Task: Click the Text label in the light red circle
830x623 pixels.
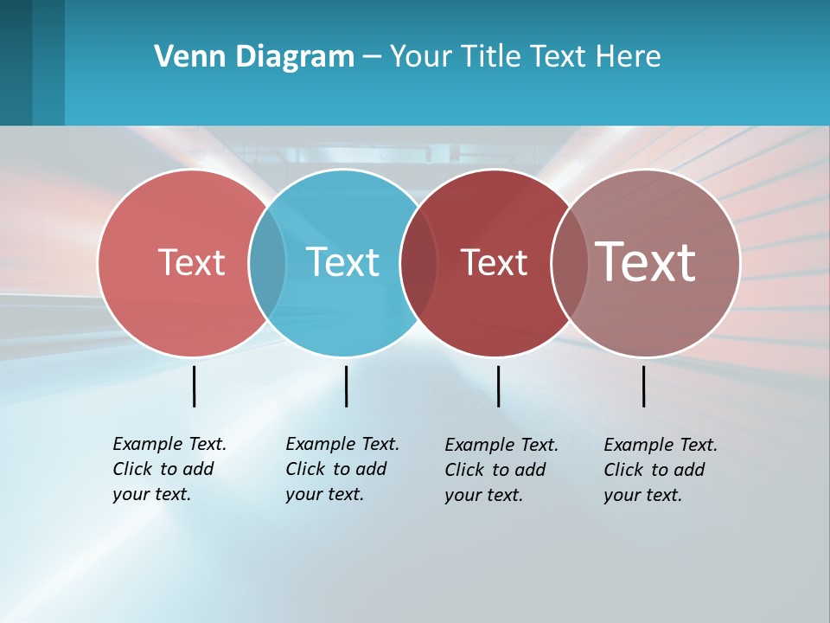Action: [191, 262]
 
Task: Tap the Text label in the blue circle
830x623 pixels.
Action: [342, 262]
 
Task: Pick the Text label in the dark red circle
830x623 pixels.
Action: [494, 262]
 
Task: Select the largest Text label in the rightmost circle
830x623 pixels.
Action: [645, 261]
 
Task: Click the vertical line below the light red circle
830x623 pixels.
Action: [194, 386]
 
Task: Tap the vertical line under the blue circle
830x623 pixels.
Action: [346, 386]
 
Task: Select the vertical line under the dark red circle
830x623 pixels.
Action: [498, 386]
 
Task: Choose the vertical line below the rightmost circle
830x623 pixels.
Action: [643, 386]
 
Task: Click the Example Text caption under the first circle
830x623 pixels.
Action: [169, 469]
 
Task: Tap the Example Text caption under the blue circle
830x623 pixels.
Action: [342, 469]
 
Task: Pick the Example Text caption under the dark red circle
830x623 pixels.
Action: [501, 470]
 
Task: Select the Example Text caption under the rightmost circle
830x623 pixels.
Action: [660, 470]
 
